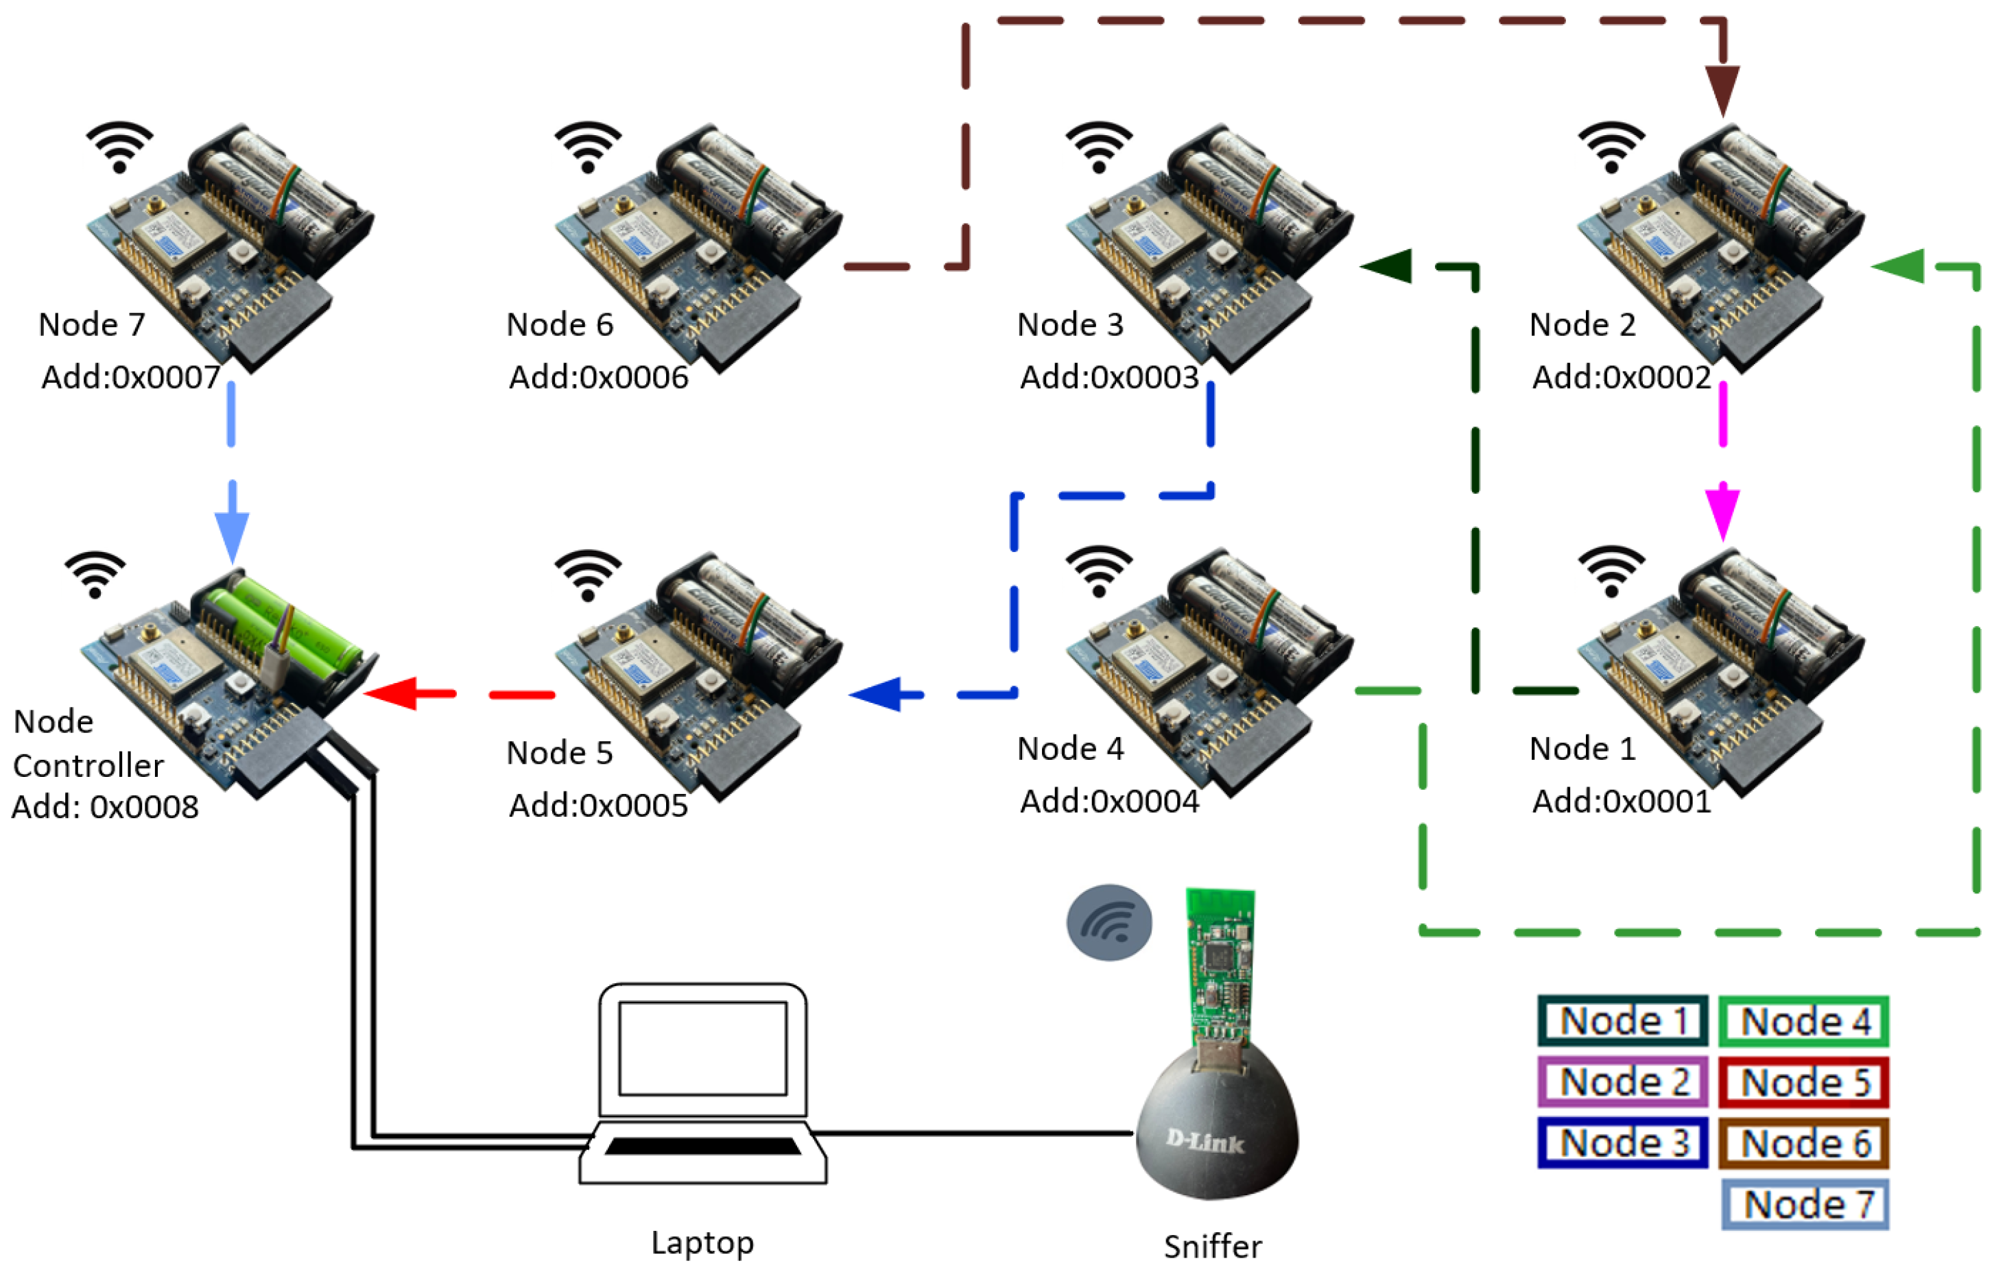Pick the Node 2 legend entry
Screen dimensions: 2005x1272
click(1623, 1082)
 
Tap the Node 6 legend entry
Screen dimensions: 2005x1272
click(1803, 1143)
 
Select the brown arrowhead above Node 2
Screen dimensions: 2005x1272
click(1722, 92)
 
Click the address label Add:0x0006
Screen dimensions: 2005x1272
click(599, 377)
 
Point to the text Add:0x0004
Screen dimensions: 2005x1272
click(1109, 801)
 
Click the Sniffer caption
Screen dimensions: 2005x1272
click(1212, 1246)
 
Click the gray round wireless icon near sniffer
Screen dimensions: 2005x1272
click(1109, 922)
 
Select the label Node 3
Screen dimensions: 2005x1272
click(1070, 324)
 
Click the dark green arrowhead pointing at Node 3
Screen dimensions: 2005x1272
click(1386, 266)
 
